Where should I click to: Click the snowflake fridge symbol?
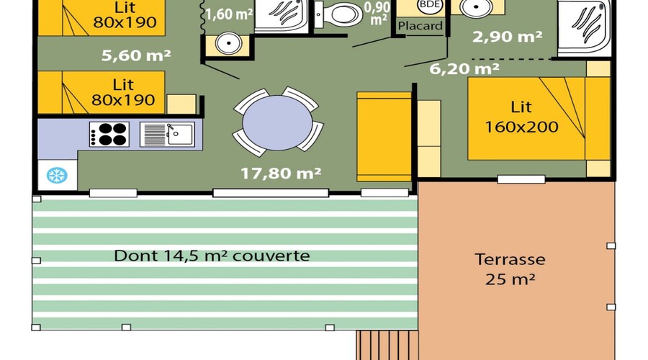57,175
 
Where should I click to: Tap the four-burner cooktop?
109,135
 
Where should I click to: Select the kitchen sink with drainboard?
167,135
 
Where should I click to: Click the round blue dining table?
277,123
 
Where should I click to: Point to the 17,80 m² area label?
281,174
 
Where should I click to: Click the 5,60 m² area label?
136,55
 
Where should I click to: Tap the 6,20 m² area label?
464,68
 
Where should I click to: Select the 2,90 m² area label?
507,37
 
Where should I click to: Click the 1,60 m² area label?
229,14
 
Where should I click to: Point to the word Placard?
420,26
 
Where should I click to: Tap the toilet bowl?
339,14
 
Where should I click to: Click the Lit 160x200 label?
521,117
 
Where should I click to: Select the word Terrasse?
510,260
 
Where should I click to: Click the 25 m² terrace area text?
510,279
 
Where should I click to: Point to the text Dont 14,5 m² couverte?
212,256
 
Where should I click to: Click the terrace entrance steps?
387,345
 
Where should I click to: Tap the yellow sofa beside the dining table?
384,137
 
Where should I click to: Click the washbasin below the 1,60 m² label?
228,43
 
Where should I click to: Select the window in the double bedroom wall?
521,179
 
